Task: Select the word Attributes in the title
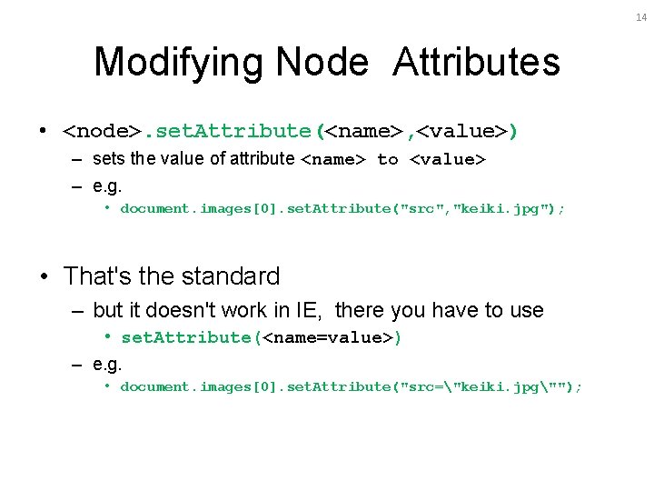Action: (476, 63)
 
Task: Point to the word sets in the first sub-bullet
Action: (108, 159)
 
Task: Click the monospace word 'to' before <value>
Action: (387, 160)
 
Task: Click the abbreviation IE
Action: (305, 311)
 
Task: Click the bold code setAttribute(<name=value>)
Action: (261, 338)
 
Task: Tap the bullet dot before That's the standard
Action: (45, 276)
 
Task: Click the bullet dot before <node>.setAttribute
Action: (45, 132)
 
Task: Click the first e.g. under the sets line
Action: (106, 185)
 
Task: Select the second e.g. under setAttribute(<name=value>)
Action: (106, 364)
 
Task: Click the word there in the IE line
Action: (360, 311)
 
